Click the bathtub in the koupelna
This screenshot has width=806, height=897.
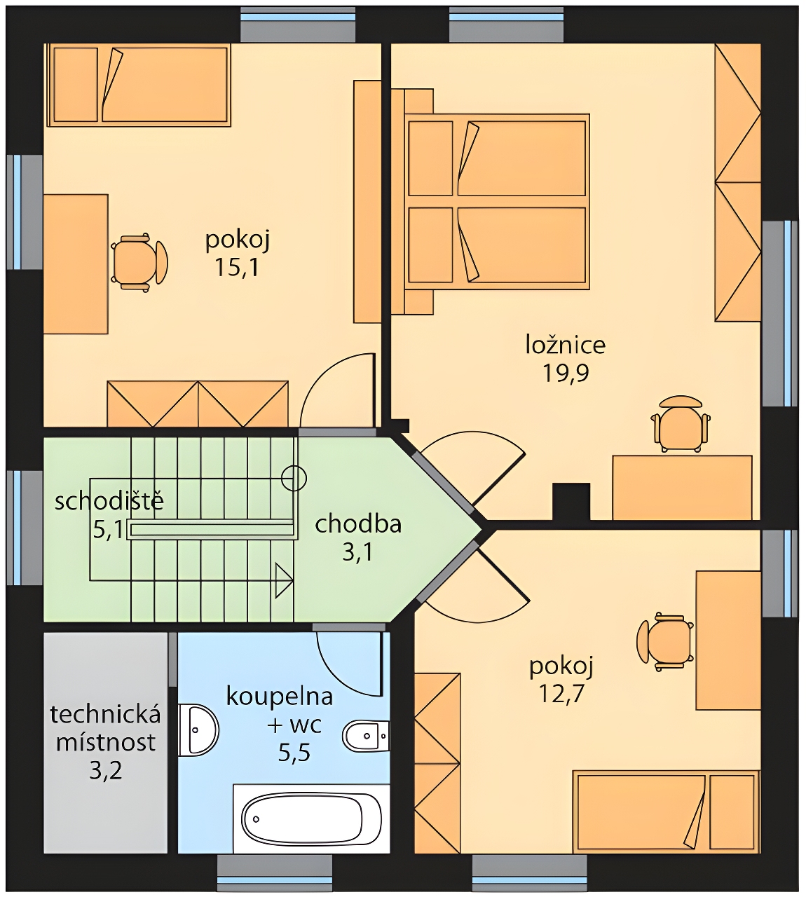pyautogui.click(x=311, y=819)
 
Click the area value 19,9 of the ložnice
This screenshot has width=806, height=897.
pyautogui.click(x=566, y=374)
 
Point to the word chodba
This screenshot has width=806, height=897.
pyautogui.click(x=358, y=524)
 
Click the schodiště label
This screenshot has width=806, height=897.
pyautogui.click(x=109, y=502)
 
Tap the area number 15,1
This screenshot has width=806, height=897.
pyautogui.click(x=237, y=268)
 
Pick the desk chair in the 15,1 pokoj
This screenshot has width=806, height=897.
pyautogui.click(x=139, y=263)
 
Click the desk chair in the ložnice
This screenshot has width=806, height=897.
pyautogui.click(x=681, y=424)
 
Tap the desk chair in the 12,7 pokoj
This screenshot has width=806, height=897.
pyautogui.click(x=665, y=642)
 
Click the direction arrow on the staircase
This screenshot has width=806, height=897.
pyautogui.click(x=285, y=580)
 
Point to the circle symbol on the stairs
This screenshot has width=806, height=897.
pyautogui.click(x=294, y=479)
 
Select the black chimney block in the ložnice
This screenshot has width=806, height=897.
pyautogui.click(x=571, y=501)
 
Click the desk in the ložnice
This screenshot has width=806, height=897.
pyautogui.click(x=683, y=488)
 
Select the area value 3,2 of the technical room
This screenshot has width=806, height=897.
pyautogui.click(x=105, y=772)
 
